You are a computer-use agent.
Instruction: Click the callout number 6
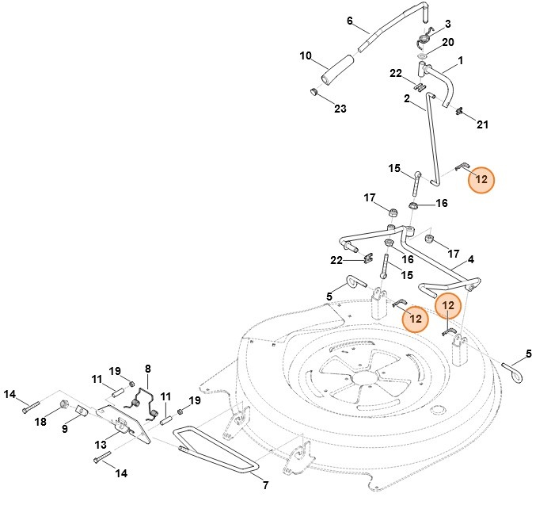click(x=349, y=21)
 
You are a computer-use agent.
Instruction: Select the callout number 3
click(x=448, y=24)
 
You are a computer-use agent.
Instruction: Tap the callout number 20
click(x=448, y=42)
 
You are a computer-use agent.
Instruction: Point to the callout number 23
click(x=340, y=109)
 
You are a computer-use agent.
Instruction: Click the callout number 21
click(x=482, y=124)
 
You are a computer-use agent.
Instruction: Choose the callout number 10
click(x=306, y=55)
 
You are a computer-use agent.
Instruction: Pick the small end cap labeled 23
click(x=313, y=92)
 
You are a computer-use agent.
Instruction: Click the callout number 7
click(x=266, y=485)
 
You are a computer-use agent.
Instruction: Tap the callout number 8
click(x=147, y=369)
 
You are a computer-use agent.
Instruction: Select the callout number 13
click(x=101, y=445)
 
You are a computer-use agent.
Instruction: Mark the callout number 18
click(x=40, y=421)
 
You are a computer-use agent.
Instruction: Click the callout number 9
click(x=65, y=429)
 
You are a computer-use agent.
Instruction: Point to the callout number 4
click(x=471, y=260)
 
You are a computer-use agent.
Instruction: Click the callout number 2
click(x=407, y=99)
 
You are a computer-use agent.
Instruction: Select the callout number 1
click(x=460, y=60)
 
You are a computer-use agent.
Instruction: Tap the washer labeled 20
click(x=422, y=56)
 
